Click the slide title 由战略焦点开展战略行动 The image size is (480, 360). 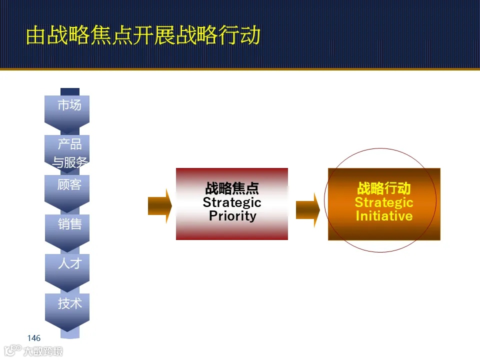[143, 35]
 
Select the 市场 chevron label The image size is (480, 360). [69, 105]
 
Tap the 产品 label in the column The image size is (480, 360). [69, 144]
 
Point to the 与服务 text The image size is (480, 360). [70, 162]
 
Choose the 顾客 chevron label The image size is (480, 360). [69, 184]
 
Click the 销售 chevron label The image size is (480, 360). [69, 224]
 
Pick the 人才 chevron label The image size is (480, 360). [69, 263]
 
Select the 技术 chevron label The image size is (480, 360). [69, 303]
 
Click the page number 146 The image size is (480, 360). [34, 338]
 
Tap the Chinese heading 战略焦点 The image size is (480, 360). [232, 188]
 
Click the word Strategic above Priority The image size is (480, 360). [232, 202]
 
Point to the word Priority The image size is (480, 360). [232, 216]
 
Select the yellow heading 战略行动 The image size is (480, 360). [384, 188]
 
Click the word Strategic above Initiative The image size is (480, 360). [384, 202]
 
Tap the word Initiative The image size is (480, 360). [384, 216]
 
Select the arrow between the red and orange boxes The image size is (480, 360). [307, 209]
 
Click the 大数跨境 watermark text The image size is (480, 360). [43, 351]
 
